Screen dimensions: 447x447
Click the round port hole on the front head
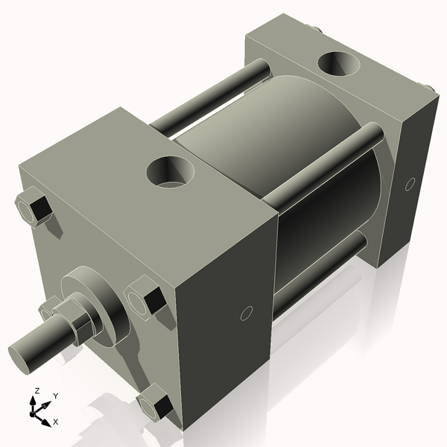pos(170,172)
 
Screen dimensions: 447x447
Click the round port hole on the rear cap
pos(339,63)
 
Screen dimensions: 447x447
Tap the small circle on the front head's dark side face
pos(247,314)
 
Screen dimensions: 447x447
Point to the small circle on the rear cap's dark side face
pos(410,184)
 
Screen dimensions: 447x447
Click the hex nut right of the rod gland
pos(145,297)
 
